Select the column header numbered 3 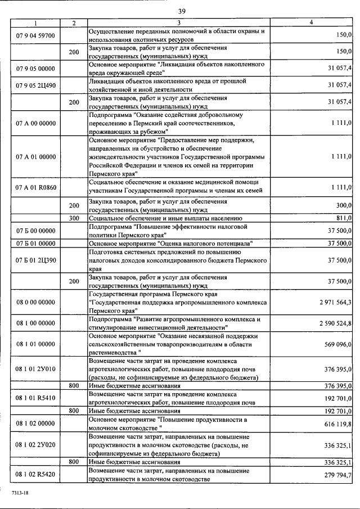click(178, 22)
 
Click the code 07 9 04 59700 click(35, 35)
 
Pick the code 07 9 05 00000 click(35, 68)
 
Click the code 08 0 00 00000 click(35, 303)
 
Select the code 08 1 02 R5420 click(35, 476)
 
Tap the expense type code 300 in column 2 click(74, 218)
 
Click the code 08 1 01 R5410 click(35, 397)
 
